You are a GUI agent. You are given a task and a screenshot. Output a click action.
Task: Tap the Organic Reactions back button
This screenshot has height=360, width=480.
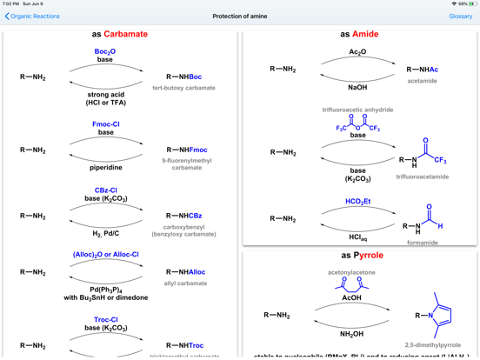[x=32, y=17]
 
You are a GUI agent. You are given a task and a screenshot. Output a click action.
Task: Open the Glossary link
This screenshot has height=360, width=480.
[x=460, y=17]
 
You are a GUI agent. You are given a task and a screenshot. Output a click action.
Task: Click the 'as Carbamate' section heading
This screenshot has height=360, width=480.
[x=120, y=34]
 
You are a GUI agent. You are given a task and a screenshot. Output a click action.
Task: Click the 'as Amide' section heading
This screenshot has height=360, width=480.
[x=359, y=34]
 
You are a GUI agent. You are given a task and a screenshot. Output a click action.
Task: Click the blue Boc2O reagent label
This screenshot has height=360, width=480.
[x=105, y=51]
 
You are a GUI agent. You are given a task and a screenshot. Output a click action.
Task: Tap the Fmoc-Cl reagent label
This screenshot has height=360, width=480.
[x=105, y=124]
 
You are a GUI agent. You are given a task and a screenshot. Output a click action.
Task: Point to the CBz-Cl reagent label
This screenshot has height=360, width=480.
[x=105, y=190]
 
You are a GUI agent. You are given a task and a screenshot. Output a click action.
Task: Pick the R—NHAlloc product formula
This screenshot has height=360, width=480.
[x=186, y=272]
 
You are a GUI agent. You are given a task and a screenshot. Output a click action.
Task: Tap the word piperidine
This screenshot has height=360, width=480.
[x=105, y=168]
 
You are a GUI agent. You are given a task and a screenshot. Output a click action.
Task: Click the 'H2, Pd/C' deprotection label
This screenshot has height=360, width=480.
[x=105, y=234]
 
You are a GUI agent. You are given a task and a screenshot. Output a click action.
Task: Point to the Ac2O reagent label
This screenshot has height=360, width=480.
[x=357, y=52]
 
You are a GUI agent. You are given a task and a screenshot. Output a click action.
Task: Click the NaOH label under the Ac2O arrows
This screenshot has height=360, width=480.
[x=357, y=87]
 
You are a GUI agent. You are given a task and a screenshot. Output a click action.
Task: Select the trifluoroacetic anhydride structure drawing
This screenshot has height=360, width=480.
[x=357, y=123]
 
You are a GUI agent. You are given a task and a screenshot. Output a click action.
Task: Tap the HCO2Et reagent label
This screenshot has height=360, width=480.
[x=357, y=202]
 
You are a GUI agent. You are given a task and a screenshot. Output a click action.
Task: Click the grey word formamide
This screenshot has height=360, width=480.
[x=423, y=243]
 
